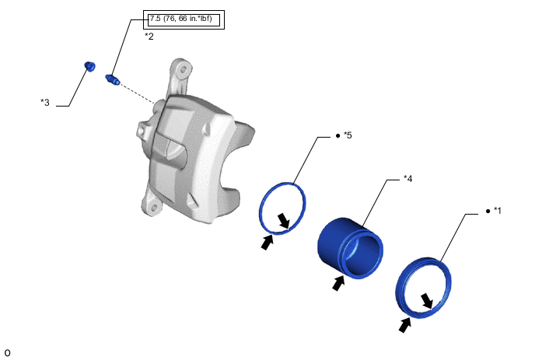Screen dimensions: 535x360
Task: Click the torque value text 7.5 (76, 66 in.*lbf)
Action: tap(181, 19)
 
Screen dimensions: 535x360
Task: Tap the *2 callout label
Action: tap(149, 37)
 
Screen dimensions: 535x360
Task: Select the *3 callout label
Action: tap(45, 102)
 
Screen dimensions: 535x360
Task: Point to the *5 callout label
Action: tap(348, 135)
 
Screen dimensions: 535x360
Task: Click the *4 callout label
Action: tap(407, 179)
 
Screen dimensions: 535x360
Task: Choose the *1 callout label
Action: tap(498, 211)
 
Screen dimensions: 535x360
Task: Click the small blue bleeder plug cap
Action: tap(89, 66)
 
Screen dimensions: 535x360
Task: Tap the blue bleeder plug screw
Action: tap(113, 79)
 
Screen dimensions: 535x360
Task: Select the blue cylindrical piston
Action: tap(351, 248)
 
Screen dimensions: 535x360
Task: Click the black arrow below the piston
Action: tap(338, 283)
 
